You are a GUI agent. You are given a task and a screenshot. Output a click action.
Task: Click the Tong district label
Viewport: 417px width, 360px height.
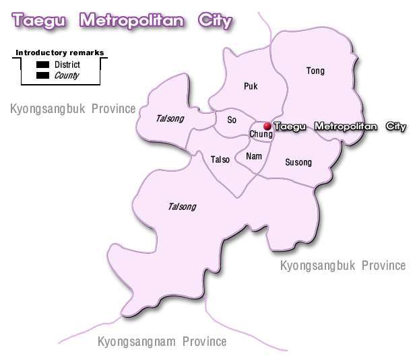315,71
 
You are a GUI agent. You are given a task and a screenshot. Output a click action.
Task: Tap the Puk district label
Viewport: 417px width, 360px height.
251,86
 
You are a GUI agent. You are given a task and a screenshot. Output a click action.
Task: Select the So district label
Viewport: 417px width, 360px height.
232,120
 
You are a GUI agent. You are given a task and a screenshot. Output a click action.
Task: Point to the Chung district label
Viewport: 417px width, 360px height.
261,135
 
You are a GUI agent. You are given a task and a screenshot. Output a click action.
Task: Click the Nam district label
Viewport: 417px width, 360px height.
254,156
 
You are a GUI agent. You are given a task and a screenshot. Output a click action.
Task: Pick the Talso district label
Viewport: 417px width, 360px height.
220,159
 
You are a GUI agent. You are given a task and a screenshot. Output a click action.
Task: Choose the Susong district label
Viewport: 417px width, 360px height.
298,162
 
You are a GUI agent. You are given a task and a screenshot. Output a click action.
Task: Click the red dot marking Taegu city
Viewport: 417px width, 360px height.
267,126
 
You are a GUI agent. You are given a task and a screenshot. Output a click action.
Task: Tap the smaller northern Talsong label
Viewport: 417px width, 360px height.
170,118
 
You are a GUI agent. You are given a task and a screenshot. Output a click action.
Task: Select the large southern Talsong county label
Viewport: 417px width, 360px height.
182,206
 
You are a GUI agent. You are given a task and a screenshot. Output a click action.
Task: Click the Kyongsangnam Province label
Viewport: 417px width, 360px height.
162,342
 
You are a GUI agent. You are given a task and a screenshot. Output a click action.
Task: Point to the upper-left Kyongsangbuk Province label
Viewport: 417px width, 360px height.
73,108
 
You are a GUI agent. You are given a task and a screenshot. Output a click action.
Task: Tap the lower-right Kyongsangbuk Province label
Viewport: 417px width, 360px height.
343,265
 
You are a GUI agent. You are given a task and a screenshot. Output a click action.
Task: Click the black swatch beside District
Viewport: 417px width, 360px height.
43,65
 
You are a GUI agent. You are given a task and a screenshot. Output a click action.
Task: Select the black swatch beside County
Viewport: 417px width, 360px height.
43,75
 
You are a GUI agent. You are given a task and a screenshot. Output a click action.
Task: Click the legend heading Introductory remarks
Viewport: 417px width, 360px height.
59,52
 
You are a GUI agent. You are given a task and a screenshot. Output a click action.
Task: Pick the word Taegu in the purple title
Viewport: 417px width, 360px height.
40,21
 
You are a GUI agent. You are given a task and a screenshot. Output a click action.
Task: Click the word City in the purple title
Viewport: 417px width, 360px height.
215,21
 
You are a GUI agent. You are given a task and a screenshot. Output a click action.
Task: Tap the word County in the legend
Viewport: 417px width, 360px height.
67,75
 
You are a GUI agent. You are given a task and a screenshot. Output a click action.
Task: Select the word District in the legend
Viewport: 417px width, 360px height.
67,65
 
